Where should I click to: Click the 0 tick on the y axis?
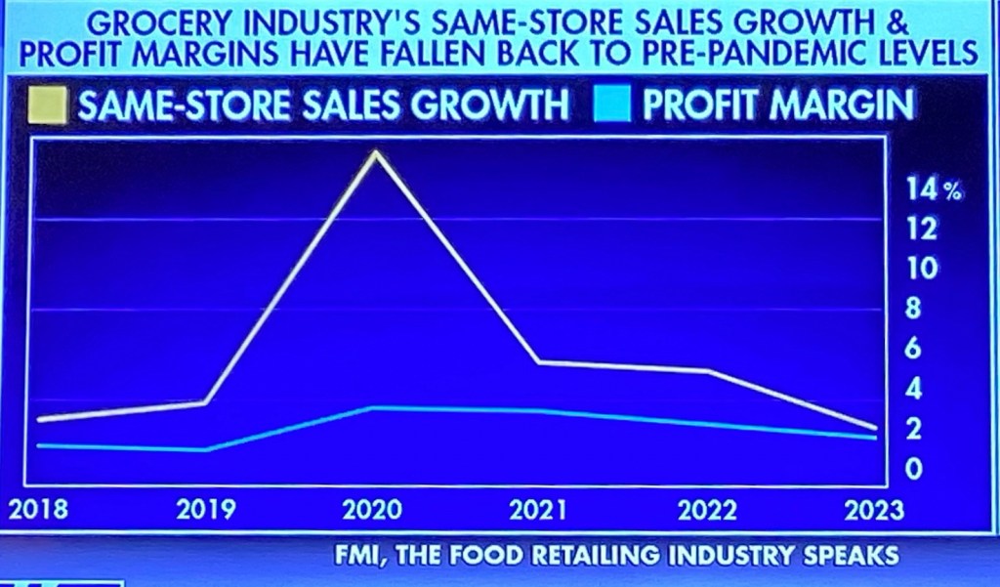915,469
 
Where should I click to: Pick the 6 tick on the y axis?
915,349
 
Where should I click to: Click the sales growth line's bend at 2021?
540,362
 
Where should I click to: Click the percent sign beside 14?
952,191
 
